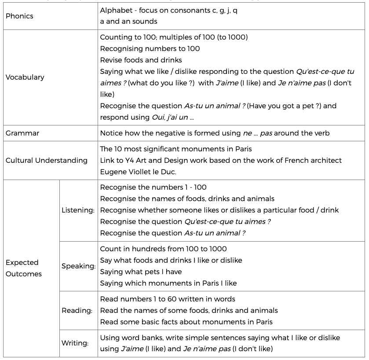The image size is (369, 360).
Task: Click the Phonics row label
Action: pyautogui.click(x=19, y=16)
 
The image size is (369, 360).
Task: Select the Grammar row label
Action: pyautogui.click(x=22, y=133)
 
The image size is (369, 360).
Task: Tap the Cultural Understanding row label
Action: pyautogui.click(x=46, y=160)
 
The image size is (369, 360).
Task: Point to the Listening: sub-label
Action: pyautogui.click(x=78, y=210)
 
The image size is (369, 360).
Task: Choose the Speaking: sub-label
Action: pyautogui.click(x=78, y=266)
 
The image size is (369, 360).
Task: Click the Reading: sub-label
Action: pyautogui.click(x=77, y=311)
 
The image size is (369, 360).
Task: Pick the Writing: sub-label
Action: pyautogui.click(x=75, y=343)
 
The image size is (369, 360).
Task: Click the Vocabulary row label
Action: pyautogui.click(x=25, y=77)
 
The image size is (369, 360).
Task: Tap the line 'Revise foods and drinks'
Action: pyautogui.click(x=141, y=60)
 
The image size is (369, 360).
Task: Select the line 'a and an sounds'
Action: pyautogui.click(x=128, y=21)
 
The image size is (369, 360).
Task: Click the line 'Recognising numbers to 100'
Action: pyautogui.click(x=150, y=48)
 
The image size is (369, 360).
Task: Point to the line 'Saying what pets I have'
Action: pyautogui.click(x=141, y=272)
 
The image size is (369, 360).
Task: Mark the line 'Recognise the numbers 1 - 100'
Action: pyautogui.click(x=153, y=187)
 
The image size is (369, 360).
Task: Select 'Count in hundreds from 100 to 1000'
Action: pyautogui.click(x=164, y=249)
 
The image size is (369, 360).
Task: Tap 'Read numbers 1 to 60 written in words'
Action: pyautogui.click(x=168, y=299)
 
